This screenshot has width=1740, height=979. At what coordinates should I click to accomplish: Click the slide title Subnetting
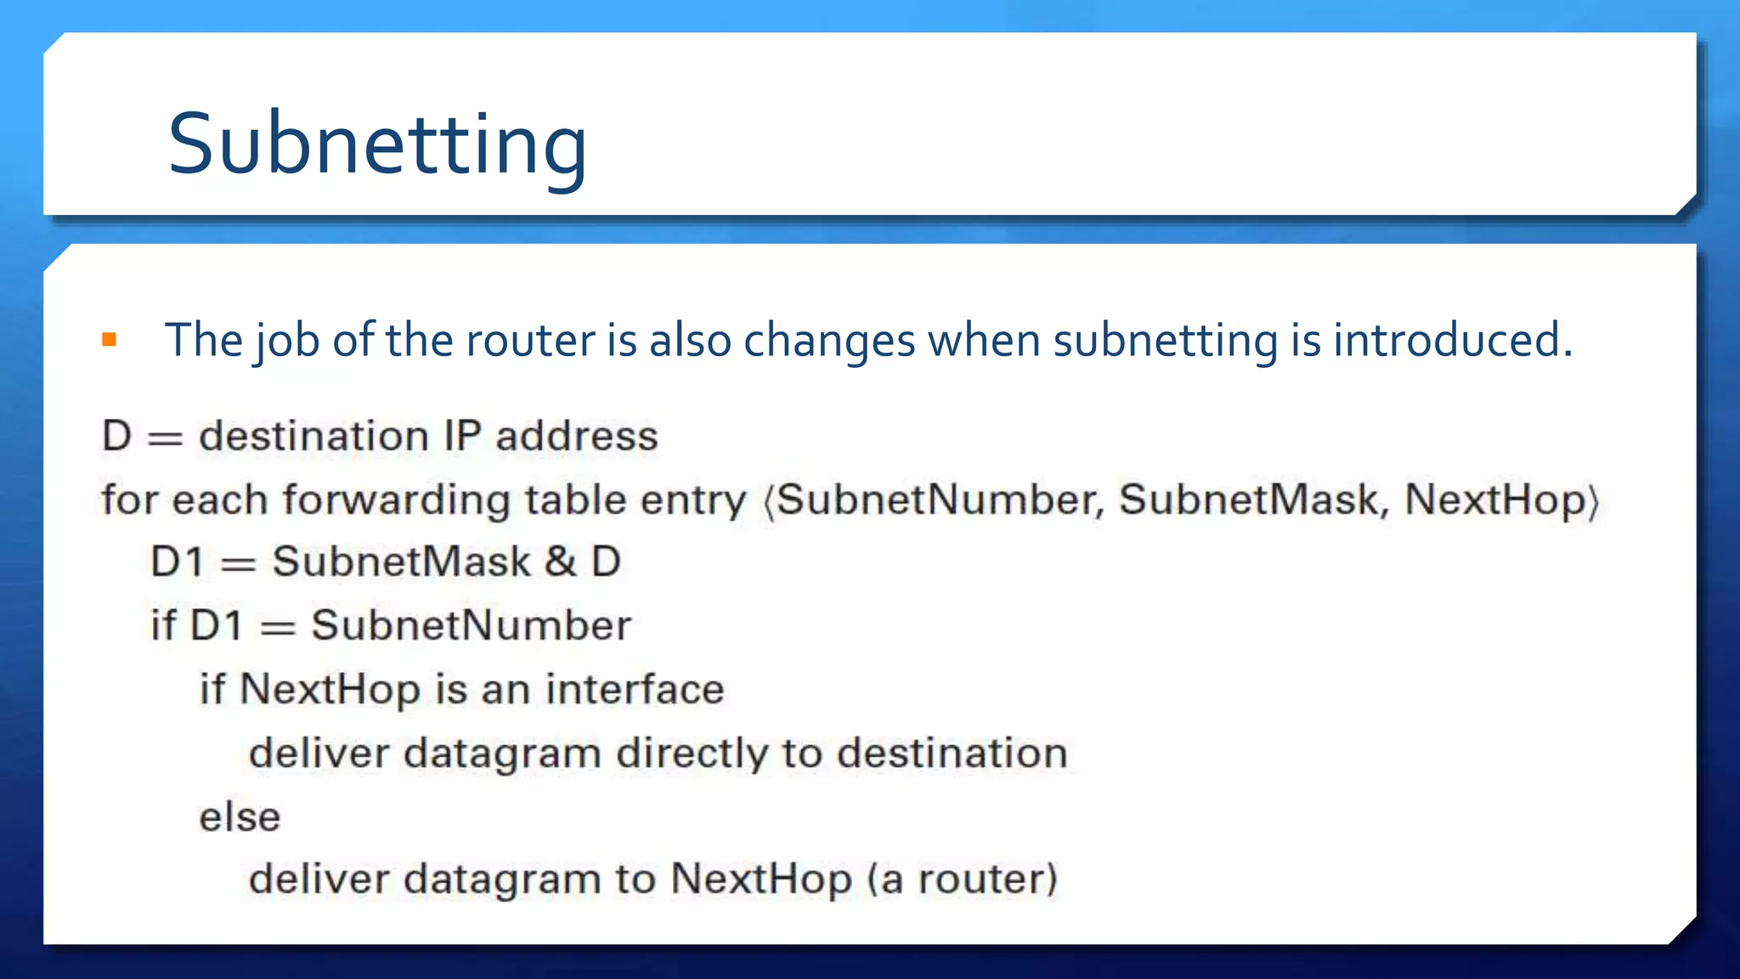pyautogui.click(x=377, y=144)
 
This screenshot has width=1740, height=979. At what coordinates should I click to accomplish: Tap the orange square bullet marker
pyautogui.click(x=109, y=341)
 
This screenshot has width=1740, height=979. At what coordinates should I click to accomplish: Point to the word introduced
pyautogui.click(x=1452, y=341)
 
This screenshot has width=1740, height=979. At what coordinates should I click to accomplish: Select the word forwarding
pyautogui.click(x=396, y=500)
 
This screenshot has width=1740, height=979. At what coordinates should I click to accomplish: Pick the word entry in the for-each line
pyautogui.click(x=693, y=500)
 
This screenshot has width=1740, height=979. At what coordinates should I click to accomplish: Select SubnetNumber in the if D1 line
pyautogui.click(x=472, y=626)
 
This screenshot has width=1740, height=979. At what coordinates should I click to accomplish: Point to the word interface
pyautogui.click(x=635, y=689)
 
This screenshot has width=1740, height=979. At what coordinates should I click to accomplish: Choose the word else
pyautogui.click(x=240, y=817)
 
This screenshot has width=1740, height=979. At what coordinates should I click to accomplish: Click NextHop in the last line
pyautogui.click(x=761, y=879)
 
